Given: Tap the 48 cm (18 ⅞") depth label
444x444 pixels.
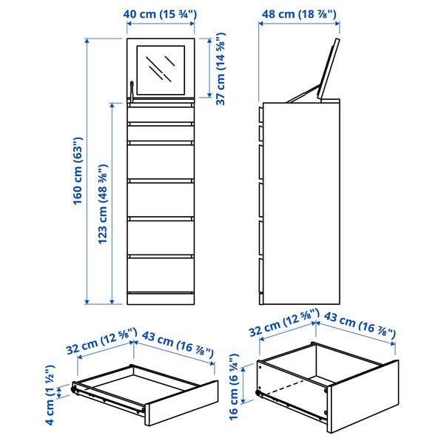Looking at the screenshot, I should point(299,13).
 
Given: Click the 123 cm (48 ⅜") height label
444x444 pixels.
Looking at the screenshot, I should point(104,203).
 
